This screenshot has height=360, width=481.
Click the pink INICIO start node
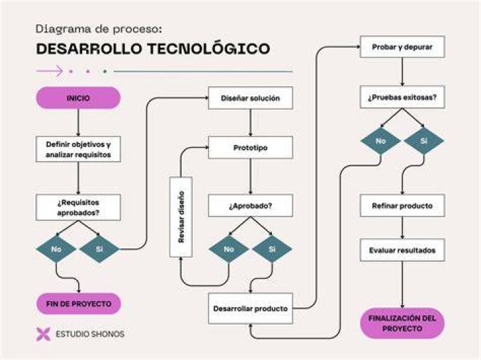point(78,98)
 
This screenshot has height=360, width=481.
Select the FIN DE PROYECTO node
point(79,304)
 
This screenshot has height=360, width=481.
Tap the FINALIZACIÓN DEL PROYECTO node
point(402,323)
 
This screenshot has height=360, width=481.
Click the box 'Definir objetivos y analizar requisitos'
point(78,150)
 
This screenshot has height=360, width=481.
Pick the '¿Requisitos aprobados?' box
point(78,207)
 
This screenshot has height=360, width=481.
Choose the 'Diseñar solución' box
point(251,98)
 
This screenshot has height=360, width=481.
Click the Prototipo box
point(251,148)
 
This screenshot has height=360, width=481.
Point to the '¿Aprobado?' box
point(251,206)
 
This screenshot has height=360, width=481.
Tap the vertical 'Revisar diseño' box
point(181,217)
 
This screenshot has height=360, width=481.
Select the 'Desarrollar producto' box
point(251,309)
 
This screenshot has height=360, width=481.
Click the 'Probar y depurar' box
point(402,47)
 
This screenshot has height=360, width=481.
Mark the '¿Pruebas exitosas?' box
point(402,98)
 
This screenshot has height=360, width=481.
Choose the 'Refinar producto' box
point(402,206)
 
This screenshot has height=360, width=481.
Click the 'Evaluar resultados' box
point(402,250)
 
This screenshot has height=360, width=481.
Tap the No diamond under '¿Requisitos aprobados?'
point(56,249)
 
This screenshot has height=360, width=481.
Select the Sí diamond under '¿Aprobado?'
point(272,249)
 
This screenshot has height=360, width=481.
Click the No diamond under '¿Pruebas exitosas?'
point(381,141)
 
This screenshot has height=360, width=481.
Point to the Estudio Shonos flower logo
point(43,334)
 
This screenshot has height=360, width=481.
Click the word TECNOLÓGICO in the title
point(208,49)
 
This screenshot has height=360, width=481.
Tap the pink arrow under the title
point(49,71)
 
